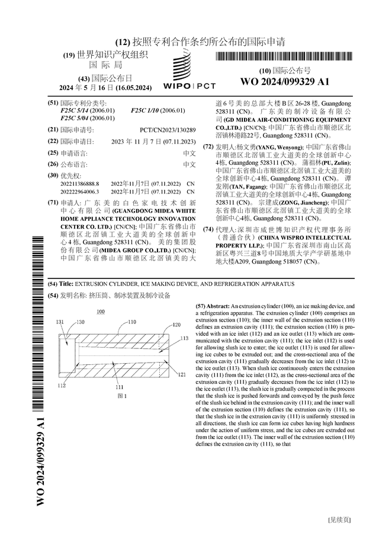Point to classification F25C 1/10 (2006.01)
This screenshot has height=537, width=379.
[x=158, y=110]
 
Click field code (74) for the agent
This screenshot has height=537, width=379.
[x=208, y=229]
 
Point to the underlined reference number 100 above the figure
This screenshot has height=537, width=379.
[x=100, y=312]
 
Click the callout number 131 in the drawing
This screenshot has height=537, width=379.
[x=60, y=322]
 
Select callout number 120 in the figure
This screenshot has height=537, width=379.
[x=176, y=325]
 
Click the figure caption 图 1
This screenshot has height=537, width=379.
[x=123, y=396]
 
